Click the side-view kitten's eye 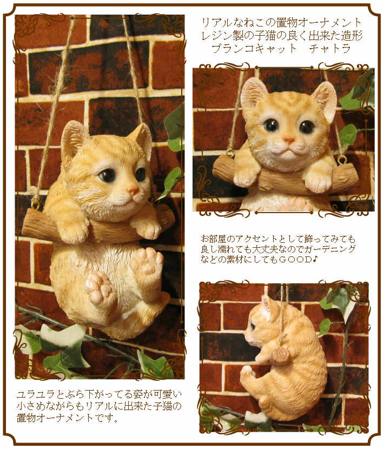coord(252,326)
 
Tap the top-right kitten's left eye coord(271,125)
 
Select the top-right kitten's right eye coord(307,127)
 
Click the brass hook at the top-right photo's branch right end coord(342,160)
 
